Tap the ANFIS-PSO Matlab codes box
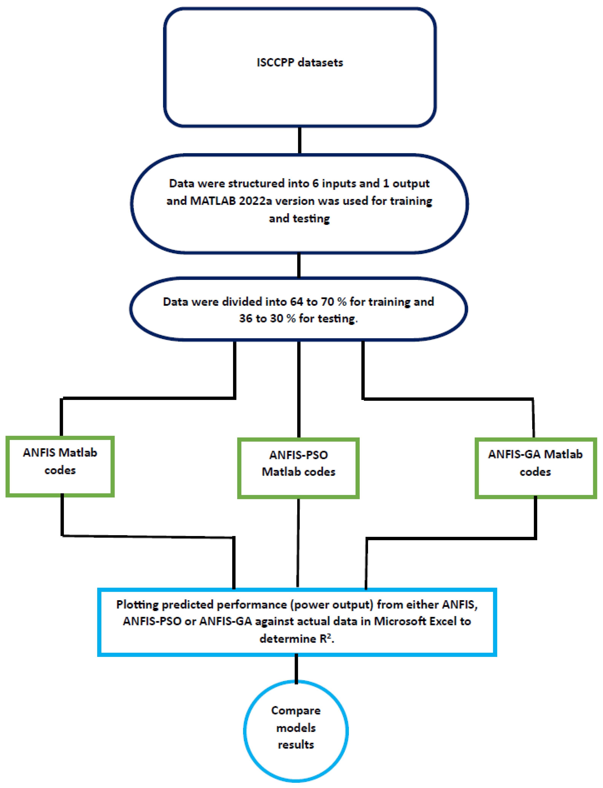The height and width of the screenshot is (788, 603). coord(298,468)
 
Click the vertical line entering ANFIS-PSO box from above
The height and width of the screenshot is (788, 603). coord(299,390)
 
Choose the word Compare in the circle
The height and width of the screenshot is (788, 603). coord(296,711)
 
